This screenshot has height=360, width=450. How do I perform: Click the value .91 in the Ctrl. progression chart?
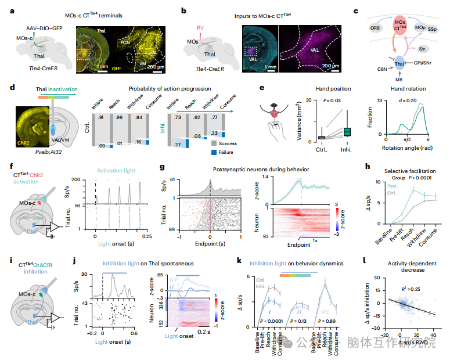point(101,118)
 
